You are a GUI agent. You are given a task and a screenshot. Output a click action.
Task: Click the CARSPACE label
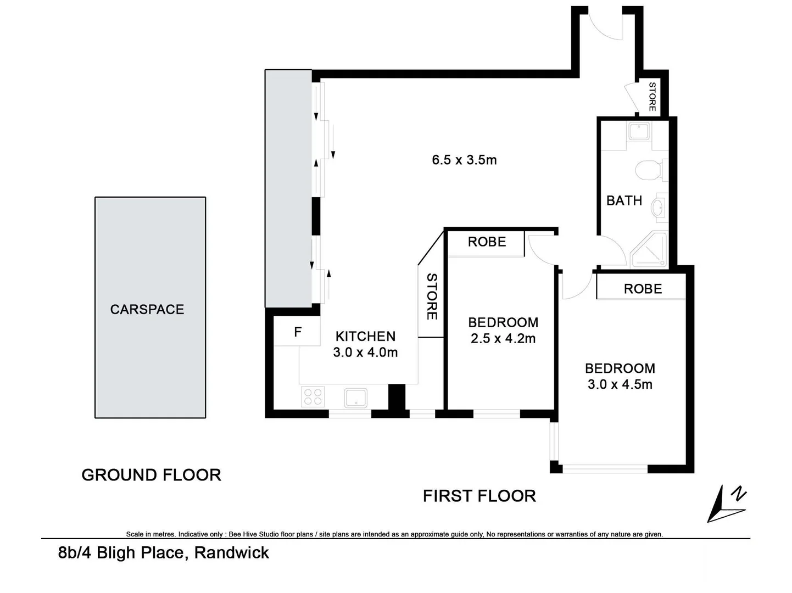coord(147,310)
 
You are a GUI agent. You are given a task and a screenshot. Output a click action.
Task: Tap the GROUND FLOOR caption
coord(151,475)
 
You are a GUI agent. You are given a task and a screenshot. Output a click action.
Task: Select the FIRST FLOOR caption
coord(479,496)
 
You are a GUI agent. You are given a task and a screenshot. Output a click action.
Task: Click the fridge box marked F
coord(297,332)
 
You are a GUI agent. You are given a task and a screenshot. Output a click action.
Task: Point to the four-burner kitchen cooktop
coord(313,396)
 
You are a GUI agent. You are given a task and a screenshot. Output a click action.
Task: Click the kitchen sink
coord(356,398)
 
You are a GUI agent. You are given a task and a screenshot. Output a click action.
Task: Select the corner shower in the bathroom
coord(650,250)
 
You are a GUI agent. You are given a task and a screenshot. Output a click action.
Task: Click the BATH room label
coord(624,201)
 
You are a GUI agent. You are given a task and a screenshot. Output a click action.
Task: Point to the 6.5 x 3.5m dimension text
coord(464,160)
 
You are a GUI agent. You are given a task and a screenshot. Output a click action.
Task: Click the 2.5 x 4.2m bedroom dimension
coord(503,339)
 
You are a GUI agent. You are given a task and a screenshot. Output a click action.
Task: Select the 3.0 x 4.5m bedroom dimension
coord(620,384)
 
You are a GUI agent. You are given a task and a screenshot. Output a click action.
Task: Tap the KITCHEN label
coord(365,336)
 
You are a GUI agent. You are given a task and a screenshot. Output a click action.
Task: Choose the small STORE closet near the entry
coord(651,97)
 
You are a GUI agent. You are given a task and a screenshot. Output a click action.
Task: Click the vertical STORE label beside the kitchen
coord(432,296)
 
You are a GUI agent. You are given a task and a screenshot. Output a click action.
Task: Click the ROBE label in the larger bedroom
coord(643,289)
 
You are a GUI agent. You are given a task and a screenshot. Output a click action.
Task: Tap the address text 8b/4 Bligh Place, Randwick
coord(164,552)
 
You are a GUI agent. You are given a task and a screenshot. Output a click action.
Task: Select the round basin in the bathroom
coord(657,208)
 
